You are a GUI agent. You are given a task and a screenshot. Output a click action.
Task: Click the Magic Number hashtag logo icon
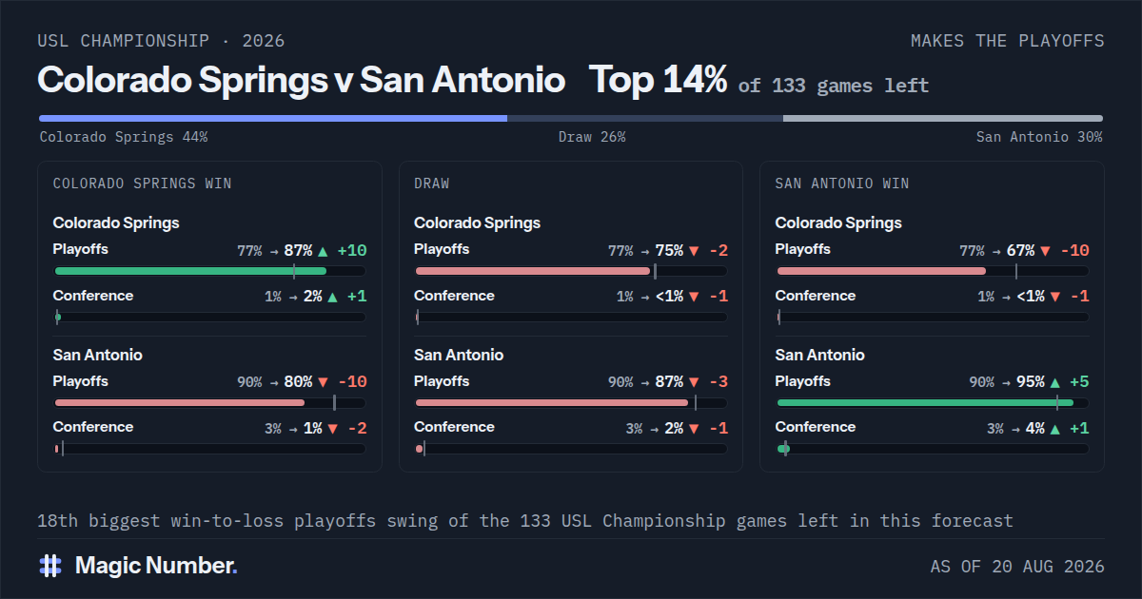(50, 566)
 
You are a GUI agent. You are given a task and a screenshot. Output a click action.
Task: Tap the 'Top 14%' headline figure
(658, 80)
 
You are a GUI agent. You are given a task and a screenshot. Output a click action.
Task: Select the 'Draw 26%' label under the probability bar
(592, 137)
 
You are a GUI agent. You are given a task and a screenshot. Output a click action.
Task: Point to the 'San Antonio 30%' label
(1039, 137)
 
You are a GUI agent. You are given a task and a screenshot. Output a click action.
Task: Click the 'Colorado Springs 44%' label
(124, 137)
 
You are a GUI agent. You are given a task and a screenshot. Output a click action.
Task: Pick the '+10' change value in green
(352, 251)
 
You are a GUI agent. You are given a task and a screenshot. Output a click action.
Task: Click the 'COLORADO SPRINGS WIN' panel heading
(142, 184)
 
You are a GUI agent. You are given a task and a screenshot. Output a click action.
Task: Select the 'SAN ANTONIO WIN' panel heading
(841, 184)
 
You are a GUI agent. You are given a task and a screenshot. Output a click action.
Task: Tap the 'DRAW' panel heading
(431, 184)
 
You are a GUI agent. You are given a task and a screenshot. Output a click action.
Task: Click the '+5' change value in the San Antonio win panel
(1079, 382)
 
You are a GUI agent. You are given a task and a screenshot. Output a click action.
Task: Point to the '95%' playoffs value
(1031, 382)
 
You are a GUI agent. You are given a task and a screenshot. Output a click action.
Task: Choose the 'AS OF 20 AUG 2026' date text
(1017, 567)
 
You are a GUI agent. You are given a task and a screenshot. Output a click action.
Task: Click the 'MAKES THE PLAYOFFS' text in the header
(1008, 41)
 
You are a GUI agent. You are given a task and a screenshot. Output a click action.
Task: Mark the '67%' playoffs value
(1020, 251)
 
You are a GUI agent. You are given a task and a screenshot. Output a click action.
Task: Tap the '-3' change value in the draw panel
(719, 382)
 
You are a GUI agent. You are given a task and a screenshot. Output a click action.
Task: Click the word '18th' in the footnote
(58, 521)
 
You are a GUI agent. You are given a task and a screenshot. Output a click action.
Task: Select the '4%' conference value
(1035, 429)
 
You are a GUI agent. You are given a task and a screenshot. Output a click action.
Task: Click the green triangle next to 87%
(323, 251)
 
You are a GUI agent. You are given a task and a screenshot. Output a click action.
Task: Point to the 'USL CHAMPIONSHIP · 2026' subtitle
(161, 41)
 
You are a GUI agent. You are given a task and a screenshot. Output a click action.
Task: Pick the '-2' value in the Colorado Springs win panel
(358, 429)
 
